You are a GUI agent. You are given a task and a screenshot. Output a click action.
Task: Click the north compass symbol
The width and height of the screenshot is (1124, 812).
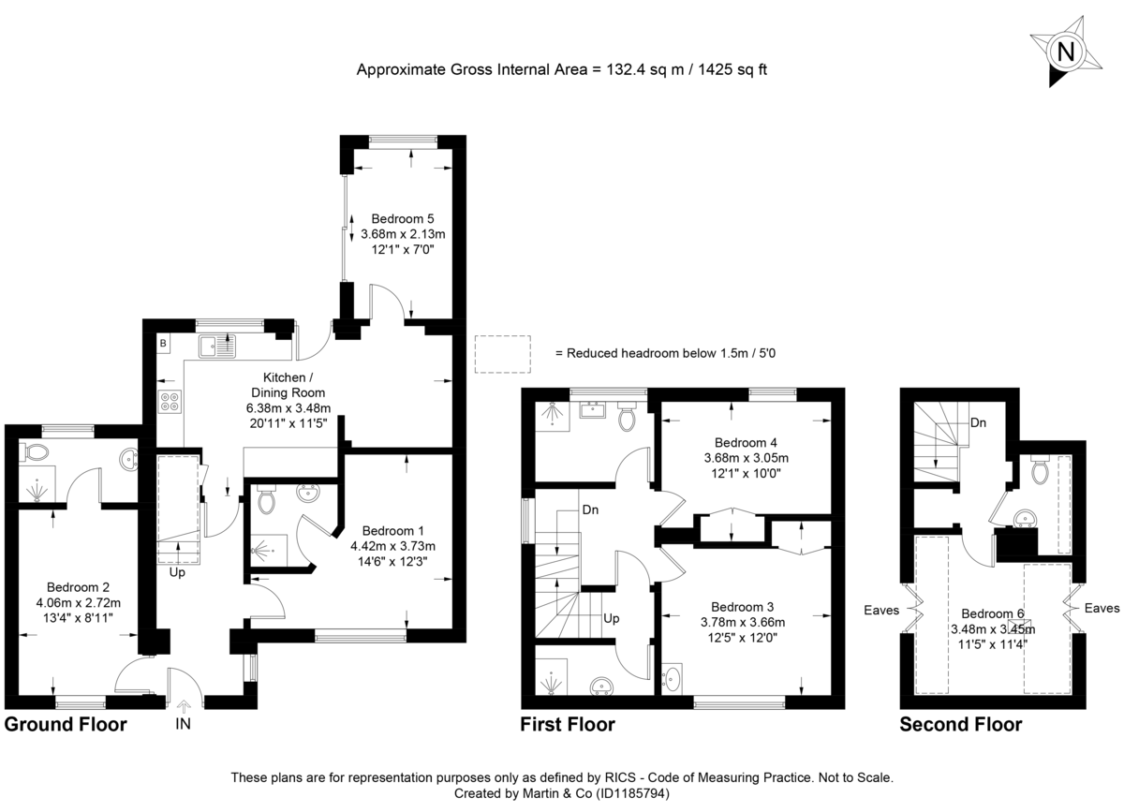(1065, 52)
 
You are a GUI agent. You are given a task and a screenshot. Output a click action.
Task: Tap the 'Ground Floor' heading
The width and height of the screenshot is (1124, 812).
(65, 724)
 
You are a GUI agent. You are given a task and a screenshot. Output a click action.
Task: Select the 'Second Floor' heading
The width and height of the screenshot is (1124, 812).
(960, 724)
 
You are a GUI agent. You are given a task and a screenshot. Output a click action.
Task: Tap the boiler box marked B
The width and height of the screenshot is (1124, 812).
(163, 344)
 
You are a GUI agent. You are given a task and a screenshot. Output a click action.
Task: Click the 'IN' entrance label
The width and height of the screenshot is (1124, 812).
(183, 723)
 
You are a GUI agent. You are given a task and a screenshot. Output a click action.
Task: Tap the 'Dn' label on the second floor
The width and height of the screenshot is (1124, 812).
(977, 423)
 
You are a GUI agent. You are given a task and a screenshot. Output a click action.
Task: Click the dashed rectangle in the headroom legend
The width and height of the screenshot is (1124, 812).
(503, 353)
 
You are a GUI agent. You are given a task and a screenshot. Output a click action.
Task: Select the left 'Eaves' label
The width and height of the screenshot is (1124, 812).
(880, 610)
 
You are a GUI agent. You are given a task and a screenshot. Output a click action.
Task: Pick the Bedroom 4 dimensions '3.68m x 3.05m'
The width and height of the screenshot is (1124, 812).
(747, 458)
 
